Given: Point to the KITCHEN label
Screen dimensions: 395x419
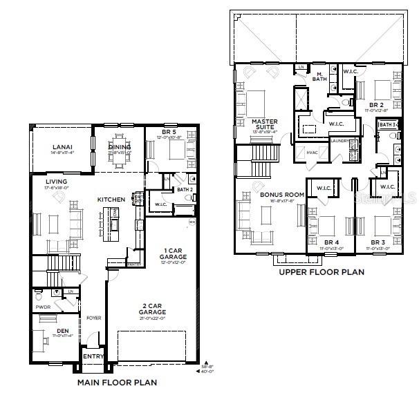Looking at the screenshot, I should pos(111,200).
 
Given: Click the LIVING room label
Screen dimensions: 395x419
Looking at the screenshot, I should pos(56,182).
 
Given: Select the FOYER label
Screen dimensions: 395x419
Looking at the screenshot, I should pos(93,318).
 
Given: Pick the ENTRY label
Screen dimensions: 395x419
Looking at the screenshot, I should pos(93,357).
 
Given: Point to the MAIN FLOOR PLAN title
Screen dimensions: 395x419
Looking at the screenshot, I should pos(117,382).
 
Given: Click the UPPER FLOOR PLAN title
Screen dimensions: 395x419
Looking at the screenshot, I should pos(321,272).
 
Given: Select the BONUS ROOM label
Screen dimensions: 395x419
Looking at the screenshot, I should pos(282,195).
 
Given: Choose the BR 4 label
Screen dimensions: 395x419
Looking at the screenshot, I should pos(330,242).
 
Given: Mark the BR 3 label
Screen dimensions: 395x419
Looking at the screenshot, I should pos(377,242).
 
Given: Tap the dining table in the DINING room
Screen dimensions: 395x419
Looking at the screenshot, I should pos(120,159).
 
